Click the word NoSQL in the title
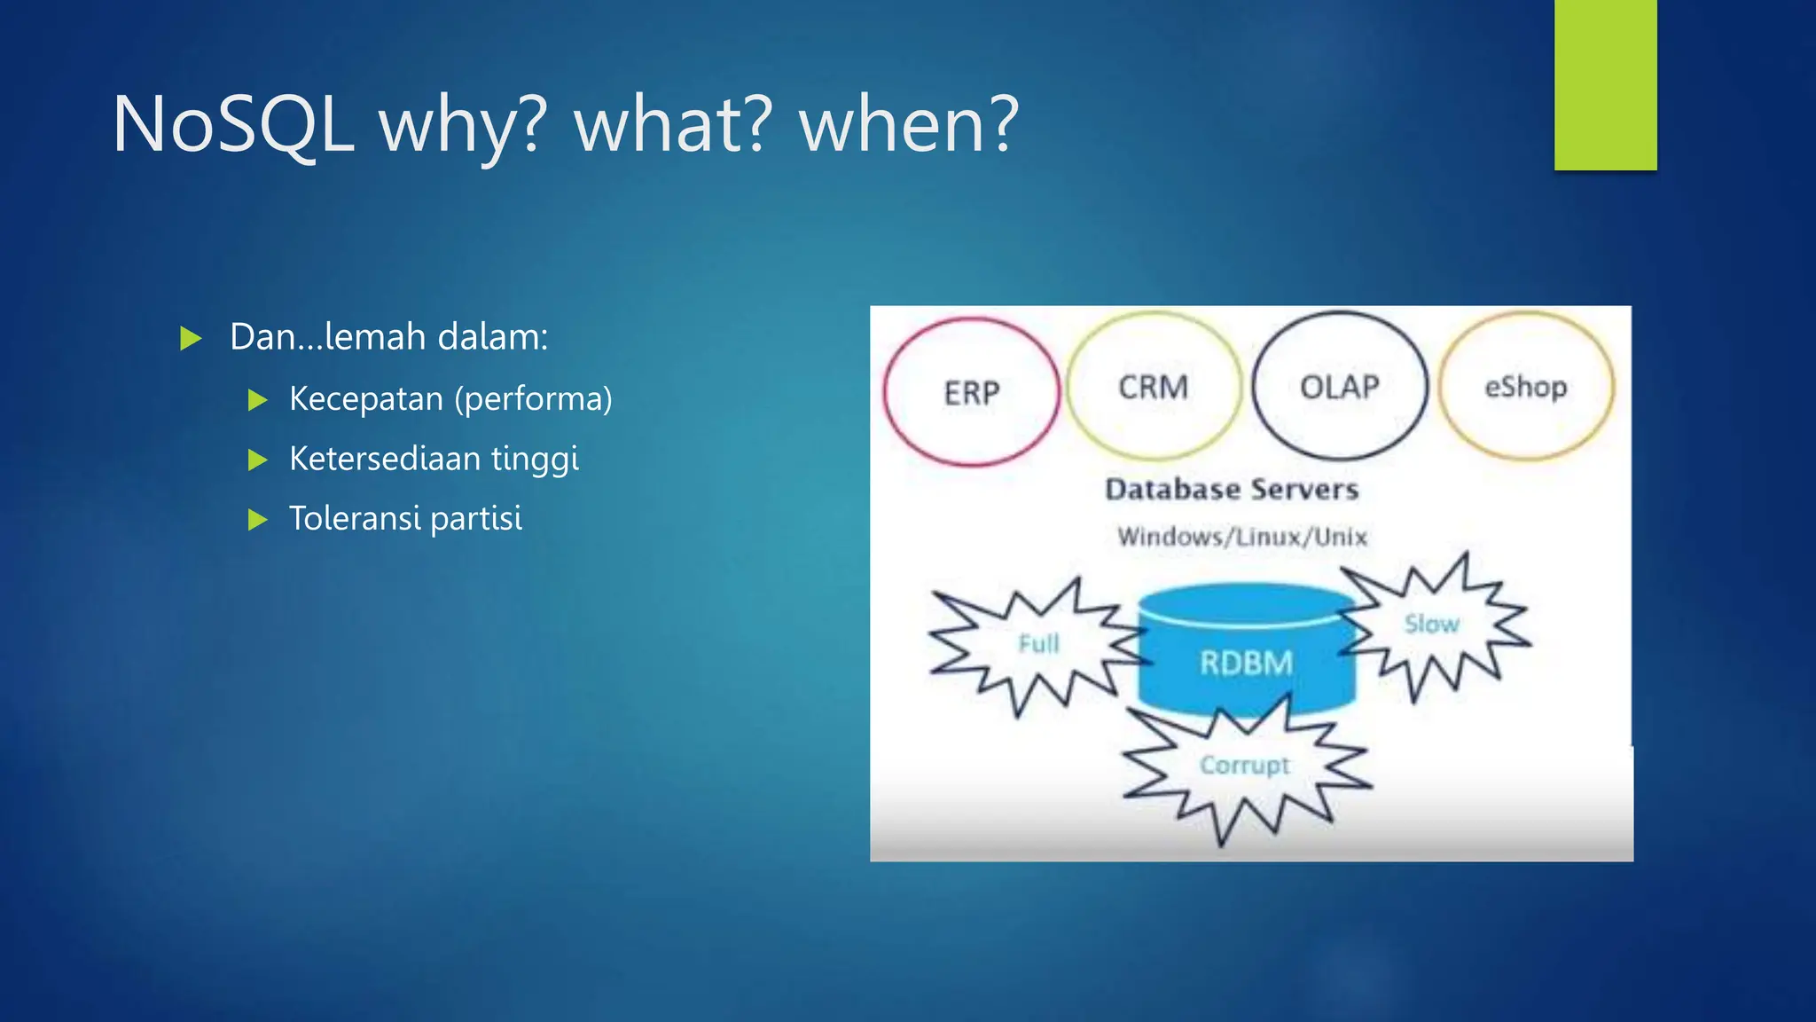coord(233,125)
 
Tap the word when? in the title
coord(909,125)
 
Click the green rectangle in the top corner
coord(1605,84)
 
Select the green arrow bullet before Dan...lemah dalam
coord(191,338)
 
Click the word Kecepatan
coord(365,399)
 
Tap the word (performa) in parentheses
coord(533,399)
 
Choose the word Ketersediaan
coord(384,459)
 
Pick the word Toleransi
coord(354,518)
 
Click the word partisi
coord(476,519)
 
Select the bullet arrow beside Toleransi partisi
coord(257,519)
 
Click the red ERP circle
coord(971,392)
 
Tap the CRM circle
coord(1153,387)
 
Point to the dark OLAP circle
coord(1339,387)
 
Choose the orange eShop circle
coord(1525,387)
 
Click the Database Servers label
coord(1232,489)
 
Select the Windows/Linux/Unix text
coord(1241,537)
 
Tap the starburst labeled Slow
coord(1432,625)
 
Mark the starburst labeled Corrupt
coord(1244,766)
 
